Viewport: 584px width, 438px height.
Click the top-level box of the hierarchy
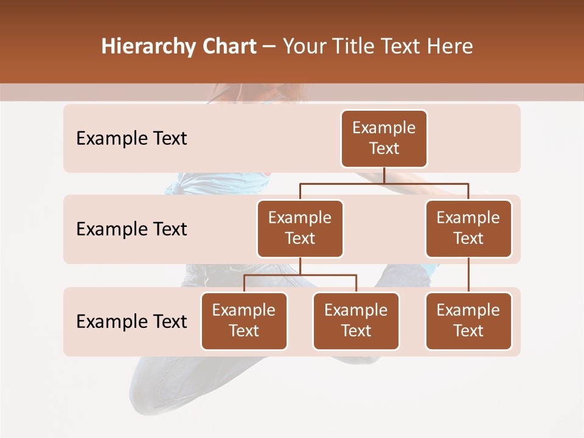coord(384,139)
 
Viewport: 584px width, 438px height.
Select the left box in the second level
coord(300,229)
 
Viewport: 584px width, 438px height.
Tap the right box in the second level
coord(468,229)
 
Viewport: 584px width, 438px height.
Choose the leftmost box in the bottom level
coord(244,321)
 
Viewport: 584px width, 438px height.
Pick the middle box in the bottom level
coord(356,321)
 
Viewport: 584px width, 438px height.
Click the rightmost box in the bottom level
coord(468,321)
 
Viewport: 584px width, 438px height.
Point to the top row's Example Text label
coord(131,139)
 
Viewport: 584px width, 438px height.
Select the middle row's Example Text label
coord(131,229)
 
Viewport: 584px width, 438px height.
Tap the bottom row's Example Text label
coord(131,322)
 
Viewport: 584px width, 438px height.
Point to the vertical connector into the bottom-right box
coord(468,275)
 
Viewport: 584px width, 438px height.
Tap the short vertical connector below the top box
coord(384,175)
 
